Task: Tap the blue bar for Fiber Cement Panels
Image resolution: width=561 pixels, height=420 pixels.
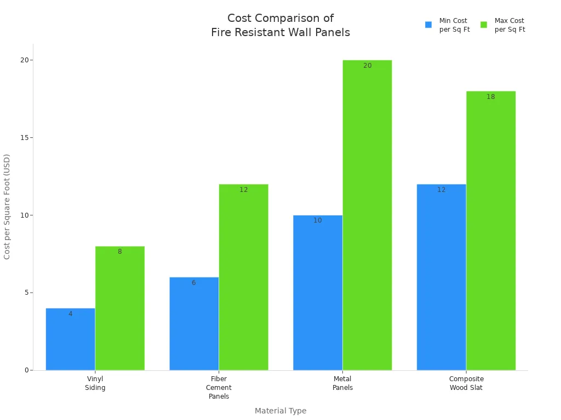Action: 194,324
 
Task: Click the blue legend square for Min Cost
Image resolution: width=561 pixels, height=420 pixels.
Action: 428,25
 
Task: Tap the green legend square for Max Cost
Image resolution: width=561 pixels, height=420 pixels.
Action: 484,25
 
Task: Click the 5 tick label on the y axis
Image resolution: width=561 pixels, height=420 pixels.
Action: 26,293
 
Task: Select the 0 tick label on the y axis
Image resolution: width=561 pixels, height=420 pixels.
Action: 26,370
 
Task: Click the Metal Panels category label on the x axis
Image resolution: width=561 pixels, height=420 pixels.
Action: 342,383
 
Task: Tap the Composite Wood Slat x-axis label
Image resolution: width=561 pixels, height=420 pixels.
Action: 466,383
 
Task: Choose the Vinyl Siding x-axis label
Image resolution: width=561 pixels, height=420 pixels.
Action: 95,383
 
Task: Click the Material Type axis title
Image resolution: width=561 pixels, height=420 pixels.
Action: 280,411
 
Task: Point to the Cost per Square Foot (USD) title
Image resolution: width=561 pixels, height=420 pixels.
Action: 7,207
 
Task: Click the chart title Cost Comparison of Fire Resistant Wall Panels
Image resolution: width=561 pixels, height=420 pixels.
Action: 280,25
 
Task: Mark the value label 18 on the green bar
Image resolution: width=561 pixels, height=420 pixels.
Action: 491,97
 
